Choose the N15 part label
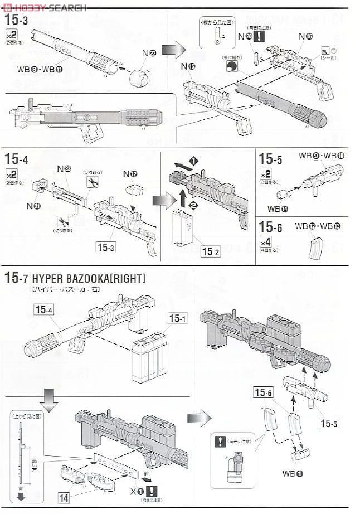(x=188, y=67)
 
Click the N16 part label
(x=305, y=36)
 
